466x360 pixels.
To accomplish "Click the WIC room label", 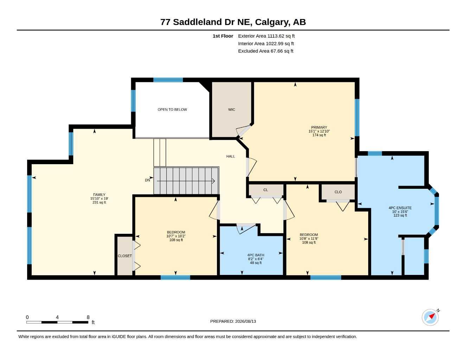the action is coord(231,109).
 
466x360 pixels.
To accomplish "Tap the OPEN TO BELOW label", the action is coord(172,109).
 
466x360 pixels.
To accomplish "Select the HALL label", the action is coord(230,156).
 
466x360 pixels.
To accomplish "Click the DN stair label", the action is coord(147,180).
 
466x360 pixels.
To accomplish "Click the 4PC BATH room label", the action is coord(256,255).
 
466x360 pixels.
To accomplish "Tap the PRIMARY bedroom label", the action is coord(319,127).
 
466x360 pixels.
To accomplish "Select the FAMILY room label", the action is coord(99,194).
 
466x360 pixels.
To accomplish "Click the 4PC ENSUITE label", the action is coord(400,208).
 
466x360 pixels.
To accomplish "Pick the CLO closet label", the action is coord(338,192).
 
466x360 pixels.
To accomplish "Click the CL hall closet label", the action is coord(266,190).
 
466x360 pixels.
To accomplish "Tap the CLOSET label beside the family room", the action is coord(125,256).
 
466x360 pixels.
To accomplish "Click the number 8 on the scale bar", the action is coord(88,317).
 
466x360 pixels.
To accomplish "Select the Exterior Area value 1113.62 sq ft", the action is coord(281,36).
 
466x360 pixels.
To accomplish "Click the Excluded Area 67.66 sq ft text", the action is coord(266,51).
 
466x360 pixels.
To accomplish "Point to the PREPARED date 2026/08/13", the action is coord(245,321).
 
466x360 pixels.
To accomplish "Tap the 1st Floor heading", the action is coord(223,36).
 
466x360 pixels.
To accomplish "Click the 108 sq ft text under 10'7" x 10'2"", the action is coord(176,240).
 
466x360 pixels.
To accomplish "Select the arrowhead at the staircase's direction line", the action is coord(213,181).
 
